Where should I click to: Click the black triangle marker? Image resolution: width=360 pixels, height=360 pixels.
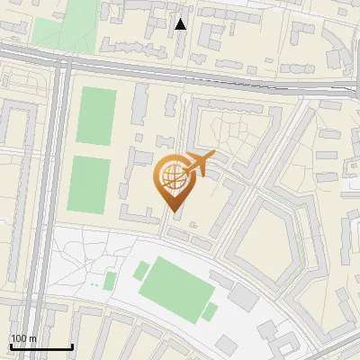[x=181, y=24]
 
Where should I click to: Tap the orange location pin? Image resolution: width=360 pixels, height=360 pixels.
[x=174, y=180]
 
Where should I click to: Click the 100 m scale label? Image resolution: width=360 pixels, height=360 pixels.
[x=24, y=338]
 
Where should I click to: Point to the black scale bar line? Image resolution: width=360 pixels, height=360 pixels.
[x=40, y=346]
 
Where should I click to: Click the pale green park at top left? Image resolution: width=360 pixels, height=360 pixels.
[x=65, y=22]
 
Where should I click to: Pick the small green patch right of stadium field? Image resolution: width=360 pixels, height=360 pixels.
[x=211, y=311]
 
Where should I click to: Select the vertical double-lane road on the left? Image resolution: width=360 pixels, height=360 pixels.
[x=60, y=180]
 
